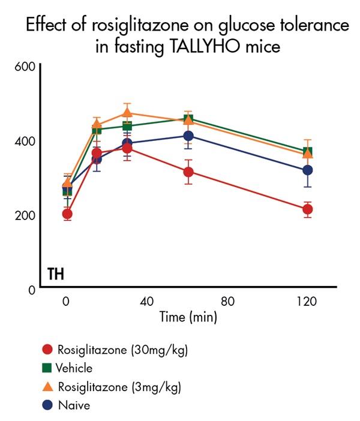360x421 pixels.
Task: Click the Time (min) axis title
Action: click(188, 317)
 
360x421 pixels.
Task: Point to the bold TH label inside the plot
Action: click(56, 275)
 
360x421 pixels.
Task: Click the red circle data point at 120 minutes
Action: click(307, 209)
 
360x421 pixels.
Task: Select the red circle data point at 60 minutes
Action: click(188, 172)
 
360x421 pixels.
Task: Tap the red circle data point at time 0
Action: click(67, 213)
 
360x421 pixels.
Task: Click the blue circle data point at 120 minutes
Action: click(307, 170)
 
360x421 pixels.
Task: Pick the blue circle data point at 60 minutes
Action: click(188, 136)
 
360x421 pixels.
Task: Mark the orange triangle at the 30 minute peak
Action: click(127, 112)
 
